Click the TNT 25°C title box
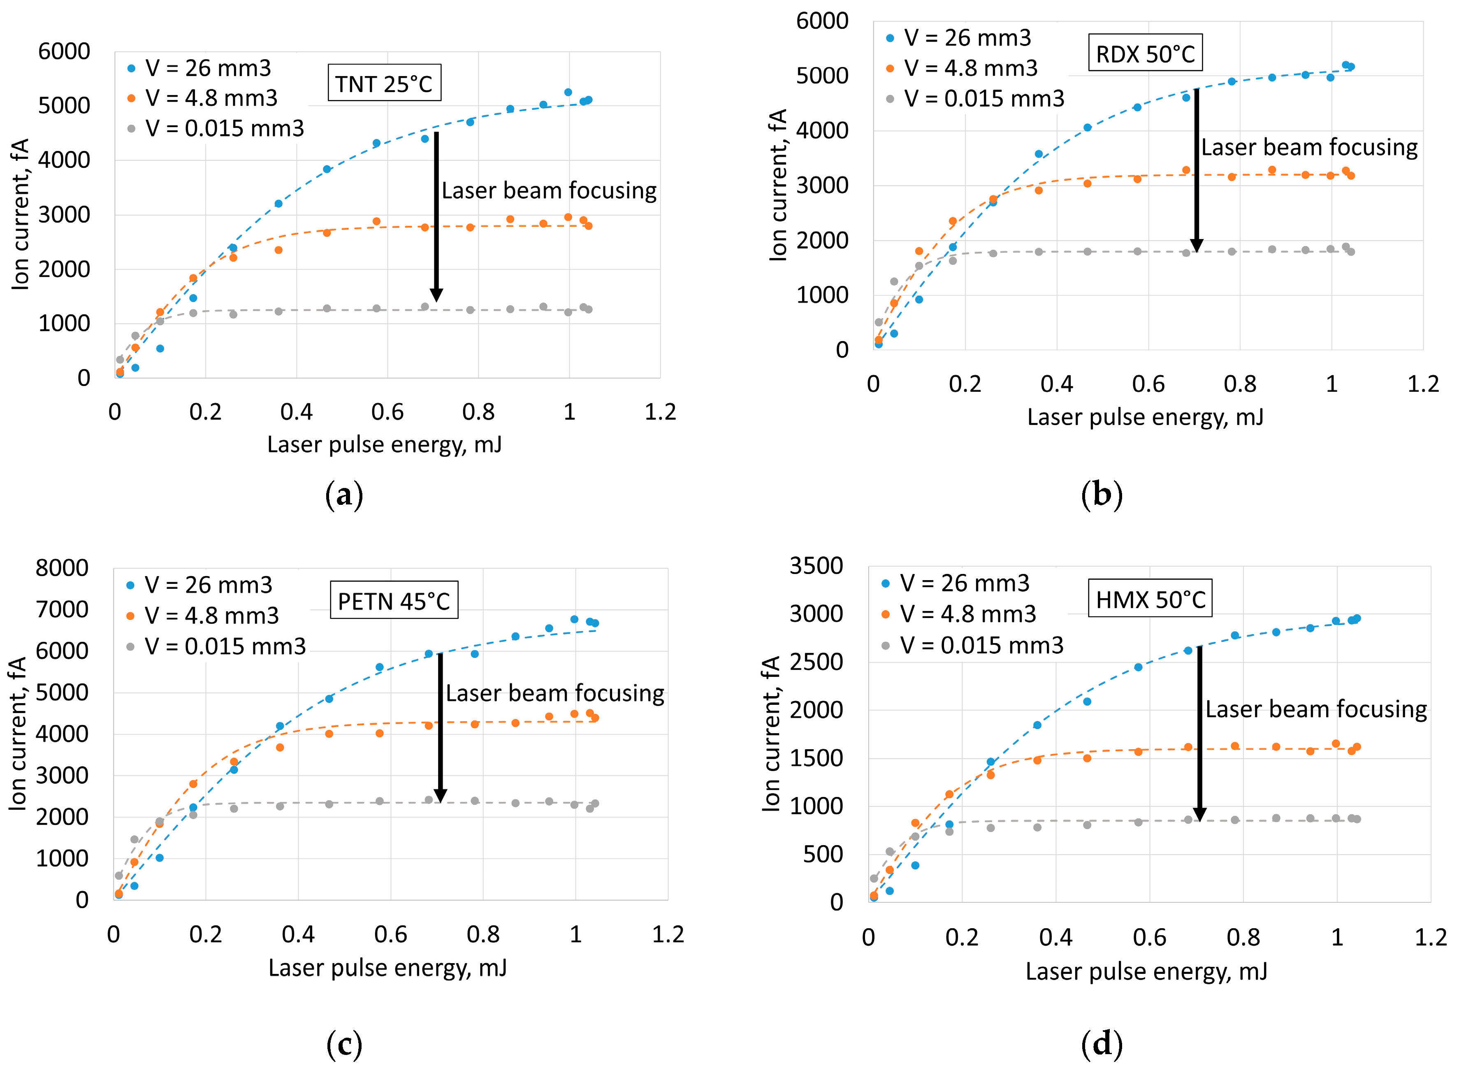click(384, 83)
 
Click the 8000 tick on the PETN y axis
click(62, 568)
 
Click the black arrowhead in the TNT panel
click(436, 294)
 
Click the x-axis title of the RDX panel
click(1145, 417)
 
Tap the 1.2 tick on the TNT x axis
click(660, 412)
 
